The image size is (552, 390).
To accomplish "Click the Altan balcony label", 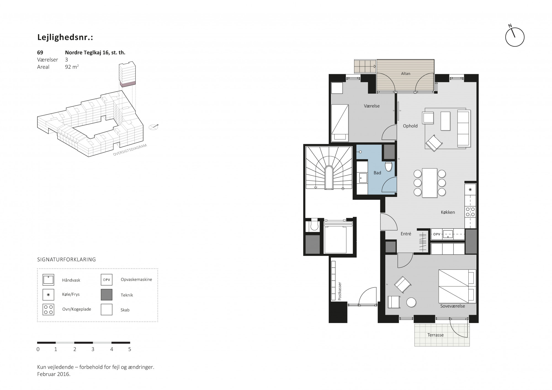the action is point(405,74).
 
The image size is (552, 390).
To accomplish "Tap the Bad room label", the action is point(377,173).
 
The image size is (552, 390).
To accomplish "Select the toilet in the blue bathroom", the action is point(389,166).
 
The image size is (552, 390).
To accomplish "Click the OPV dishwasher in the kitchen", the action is point(437,234).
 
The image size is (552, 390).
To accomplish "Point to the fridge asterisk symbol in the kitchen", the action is point(470,189).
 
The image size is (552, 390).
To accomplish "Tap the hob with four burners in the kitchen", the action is point(470,212).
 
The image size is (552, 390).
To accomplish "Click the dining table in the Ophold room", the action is point(429,183).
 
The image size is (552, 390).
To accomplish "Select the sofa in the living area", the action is point(463,128).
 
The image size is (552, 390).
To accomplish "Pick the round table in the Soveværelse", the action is point(411,302).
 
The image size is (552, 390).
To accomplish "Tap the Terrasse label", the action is point(436,335).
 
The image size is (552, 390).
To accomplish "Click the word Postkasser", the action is point(340,291).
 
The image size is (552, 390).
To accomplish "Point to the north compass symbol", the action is point(514,37).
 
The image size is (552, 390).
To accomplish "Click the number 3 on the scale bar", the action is point(93,349).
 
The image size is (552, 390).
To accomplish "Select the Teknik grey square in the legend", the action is point(107,295).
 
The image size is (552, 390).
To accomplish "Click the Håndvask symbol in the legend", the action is point(48,280).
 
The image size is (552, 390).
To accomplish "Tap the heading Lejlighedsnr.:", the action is point(65,38).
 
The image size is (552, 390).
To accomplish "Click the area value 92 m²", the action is point(72,67).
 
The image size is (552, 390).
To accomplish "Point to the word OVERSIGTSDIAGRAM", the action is point(130,150).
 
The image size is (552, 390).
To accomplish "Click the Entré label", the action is point(406,234).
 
